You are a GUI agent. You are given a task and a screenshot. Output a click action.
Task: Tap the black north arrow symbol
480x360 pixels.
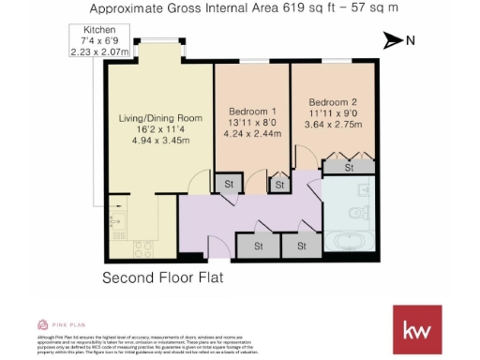click(393, 39)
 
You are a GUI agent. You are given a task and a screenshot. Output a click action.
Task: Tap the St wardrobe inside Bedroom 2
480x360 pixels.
click(348, 168)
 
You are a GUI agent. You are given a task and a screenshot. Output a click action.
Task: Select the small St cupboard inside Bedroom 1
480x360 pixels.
click(278, 186)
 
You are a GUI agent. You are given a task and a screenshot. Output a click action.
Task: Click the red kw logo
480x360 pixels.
click(417, 329)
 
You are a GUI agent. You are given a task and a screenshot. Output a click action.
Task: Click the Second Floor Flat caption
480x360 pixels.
click(163, 279)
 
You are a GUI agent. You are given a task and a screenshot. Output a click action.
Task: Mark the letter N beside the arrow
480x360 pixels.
click(411, 39)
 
